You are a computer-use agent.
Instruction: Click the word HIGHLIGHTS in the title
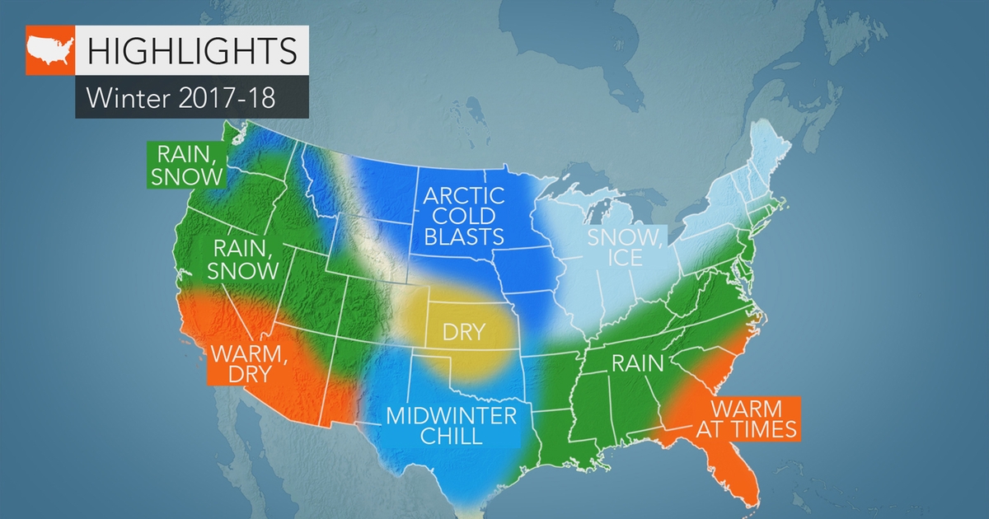pyautogui.click(x=191, y=50)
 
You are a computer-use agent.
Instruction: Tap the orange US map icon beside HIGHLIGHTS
pyautogui.click(x=50, y=51)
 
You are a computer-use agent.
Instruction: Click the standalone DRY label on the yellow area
pyautogui.click(x=463, y=334)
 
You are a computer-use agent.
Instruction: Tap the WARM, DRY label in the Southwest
pyautogui.click(x=244, y=362)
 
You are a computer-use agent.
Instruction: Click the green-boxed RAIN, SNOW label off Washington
pyautogui.click(x=184, y=164)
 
